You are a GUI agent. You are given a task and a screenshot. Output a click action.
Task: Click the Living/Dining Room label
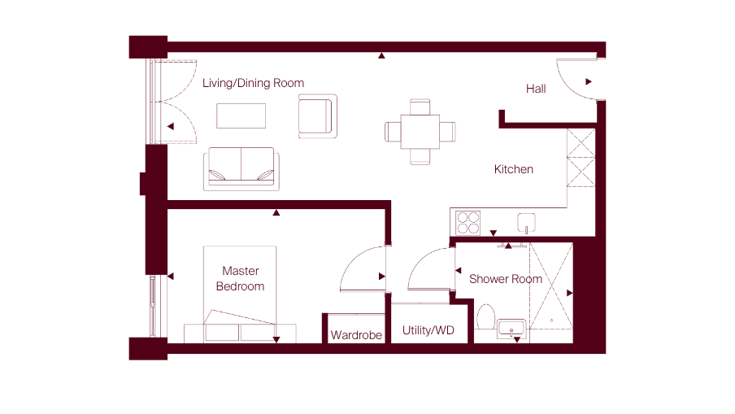tap(253, 84)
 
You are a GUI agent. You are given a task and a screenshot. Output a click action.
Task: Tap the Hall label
tap(536, 89)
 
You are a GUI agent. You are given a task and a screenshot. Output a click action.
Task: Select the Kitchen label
tap(514, 169)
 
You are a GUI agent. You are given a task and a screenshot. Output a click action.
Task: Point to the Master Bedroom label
tap(240, 278)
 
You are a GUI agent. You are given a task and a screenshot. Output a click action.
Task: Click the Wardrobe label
tap(356, 335)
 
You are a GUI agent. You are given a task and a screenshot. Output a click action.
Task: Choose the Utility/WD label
tap(428, 330)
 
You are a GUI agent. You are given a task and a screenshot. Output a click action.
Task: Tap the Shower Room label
tap(506, 279)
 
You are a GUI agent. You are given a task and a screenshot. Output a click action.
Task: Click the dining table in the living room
tap(420, 132)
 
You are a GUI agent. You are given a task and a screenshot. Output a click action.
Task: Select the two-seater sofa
tap(241, 169)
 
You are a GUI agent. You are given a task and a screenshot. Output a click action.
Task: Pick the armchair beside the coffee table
tap(318, 116)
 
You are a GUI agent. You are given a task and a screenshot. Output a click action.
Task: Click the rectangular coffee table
tap(241, 115)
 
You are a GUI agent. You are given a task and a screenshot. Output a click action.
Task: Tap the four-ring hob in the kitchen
tap(468, 223)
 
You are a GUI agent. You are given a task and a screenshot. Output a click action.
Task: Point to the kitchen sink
tap(526, 222)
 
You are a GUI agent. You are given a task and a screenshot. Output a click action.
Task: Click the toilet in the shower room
tap(485, 317)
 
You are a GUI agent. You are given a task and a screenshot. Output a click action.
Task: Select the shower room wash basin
tap(511, 329)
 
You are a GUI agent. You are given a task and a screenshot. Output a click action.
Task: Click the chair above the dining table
tap(420, 107)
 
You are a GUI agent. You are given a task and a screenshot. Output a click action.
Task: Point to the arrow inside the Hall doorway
tap(589, 81)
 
